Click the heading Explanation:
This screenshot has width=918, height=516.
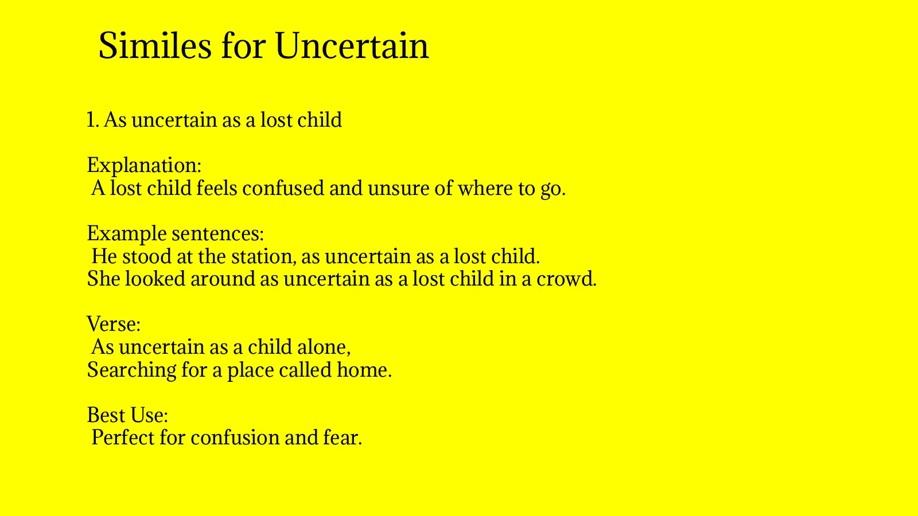coord(144,166)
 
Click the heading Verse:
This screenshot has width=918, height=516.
coord(114,325)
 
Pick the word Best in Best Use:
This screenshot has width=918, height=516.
coord(104,415)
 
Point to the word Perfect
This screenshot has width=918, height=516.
coord(123,438)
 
